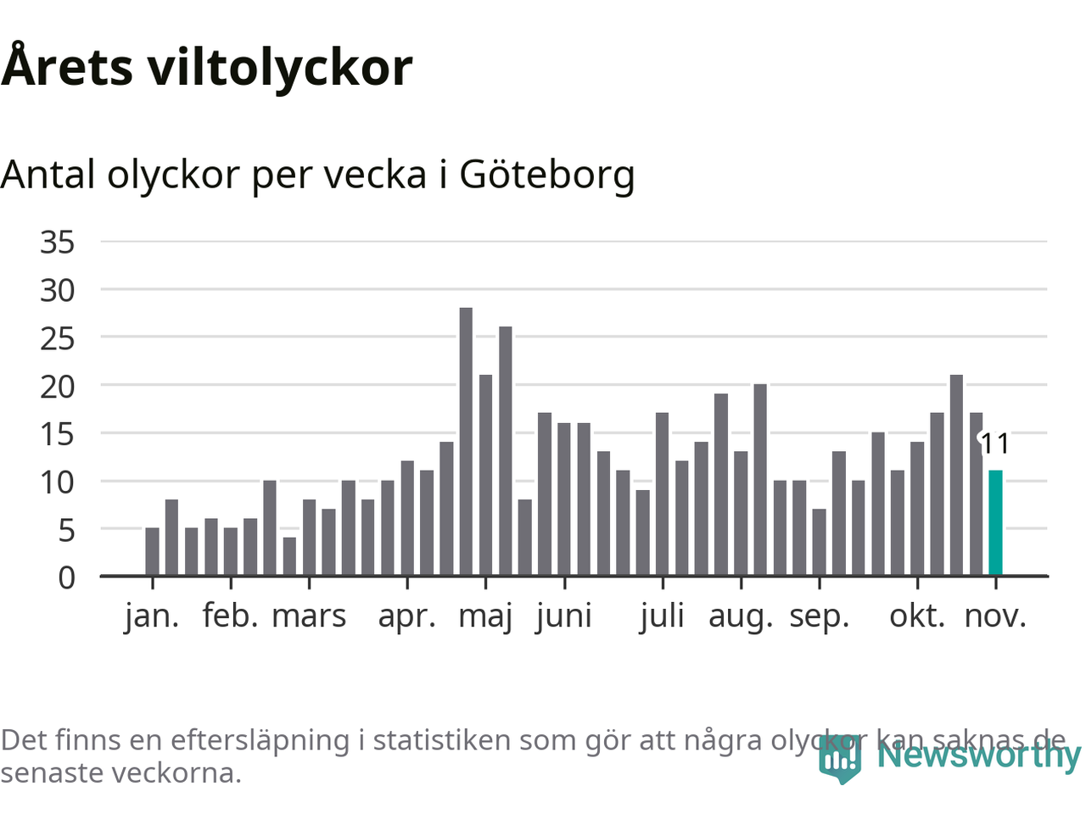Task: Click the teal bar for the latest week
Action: coord(995,522)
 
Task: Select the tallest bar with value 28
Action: coord(466,441)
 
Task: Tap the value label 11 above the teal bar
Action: coord(995,444)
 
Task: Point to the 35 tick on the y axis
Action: coord(58,243)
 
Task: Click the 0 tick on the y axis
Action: coord(66,578)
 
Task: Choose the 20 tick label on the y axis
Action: coord(58,387)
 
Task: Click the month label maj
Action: coord(485,616)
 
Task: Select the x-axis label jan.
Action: coord(153,616)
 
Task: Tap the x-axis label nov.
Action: coord(995,616)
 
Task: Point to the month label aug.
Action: coord(741,616)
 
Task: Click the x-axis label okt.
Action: coord(917,616)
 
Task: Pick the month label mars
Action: coord(309,616)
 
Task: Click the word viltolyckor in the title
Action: coord(281,68)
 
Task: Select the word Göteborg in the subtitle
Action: coord(547,175)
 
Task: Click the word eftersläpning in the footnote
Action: coord(260,740)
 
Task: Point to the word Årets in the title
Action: coord(67,68)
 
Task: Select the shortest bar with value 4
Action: coord(289,556)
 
